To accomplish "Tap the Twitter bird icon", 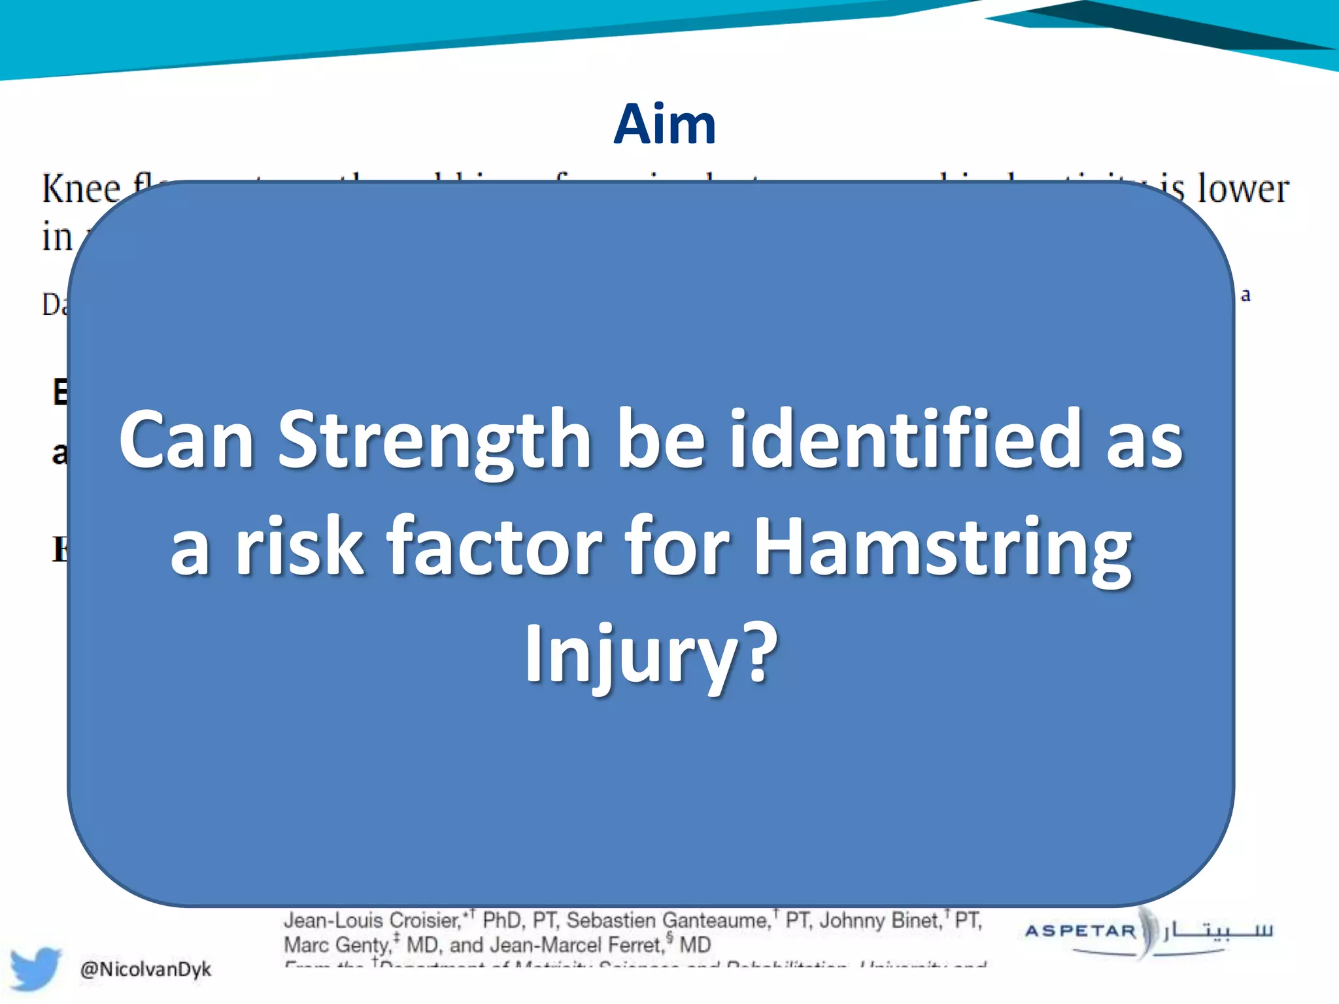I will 36,967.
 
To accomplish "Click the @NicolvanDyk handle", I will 145,969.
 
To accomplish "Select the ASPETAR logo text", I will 1081,931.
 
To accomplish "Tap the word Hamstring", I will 942,548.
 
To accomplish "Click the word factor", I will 494,548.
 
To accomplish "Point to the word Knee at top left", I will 81,190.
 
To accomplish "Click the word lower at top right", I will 1242,190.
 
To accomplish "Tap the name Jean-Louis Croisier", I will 372,920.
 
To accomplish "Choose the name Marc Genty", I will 336,945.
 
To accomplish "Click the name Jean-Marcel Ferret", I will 577,945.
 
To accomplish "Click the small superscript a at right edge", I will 1246,295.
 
